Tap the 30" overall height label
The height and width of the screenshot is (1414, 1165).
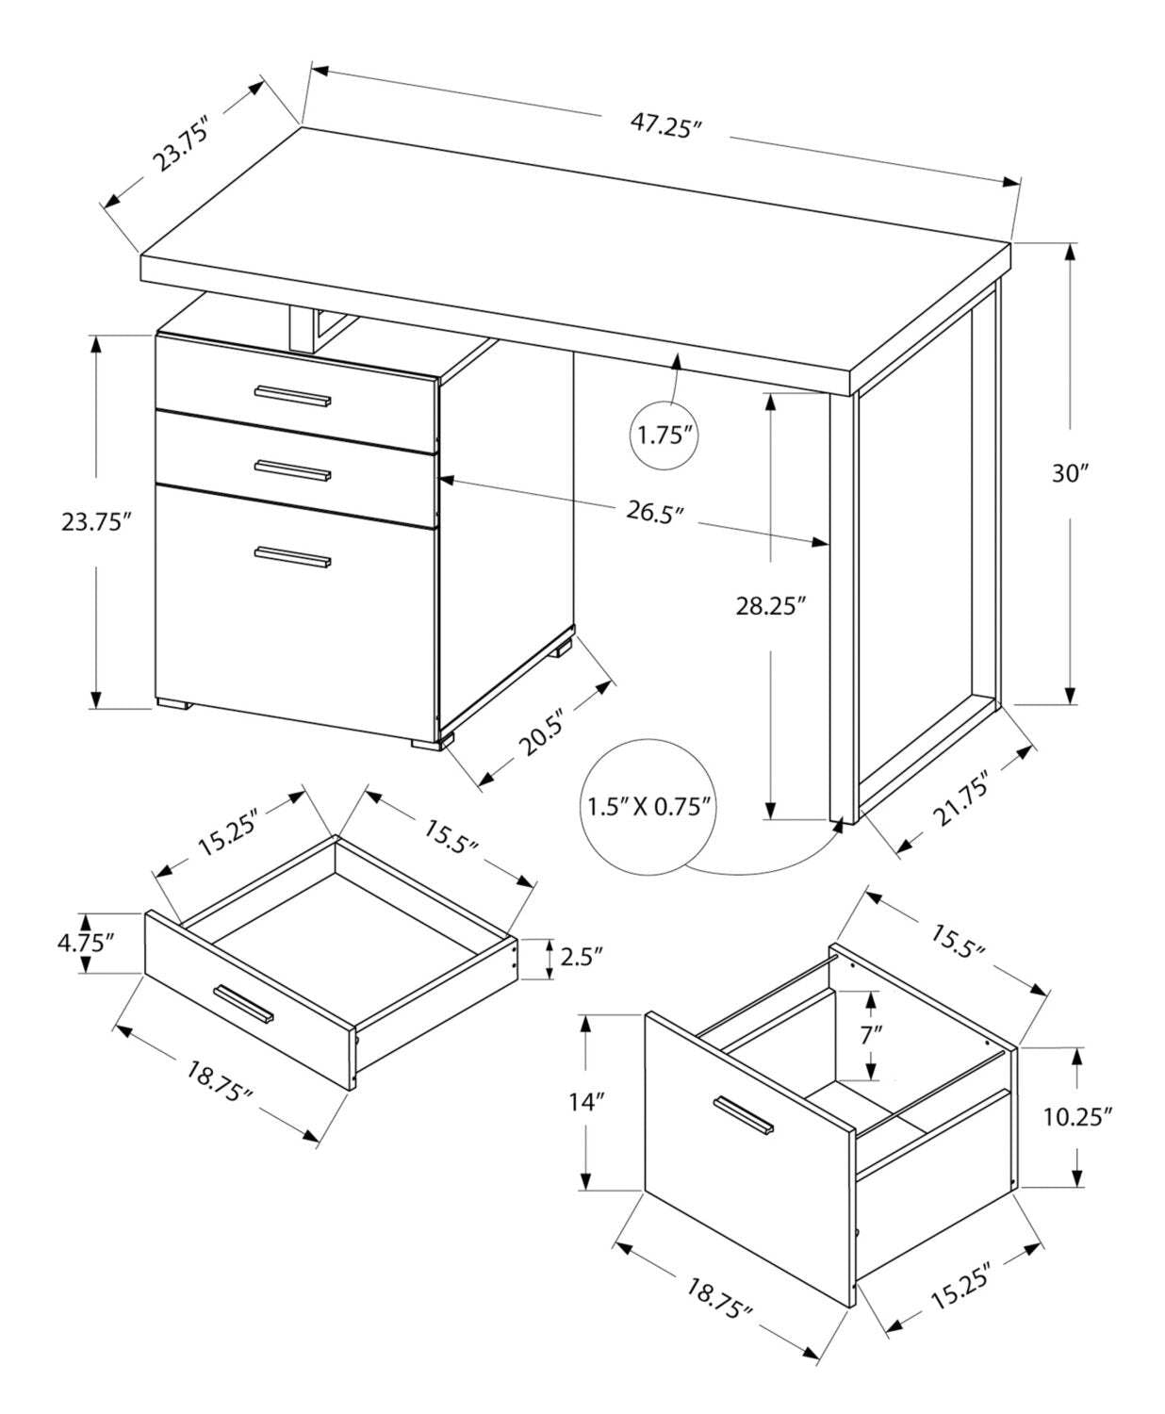(1070, 473)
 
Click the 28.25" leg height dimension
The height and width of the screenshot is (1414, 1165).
(771, 605)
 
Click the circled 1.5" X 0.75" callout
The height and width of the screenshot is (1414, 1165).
(648, 807)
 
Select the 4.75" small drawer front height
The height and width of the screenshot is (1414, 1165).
(87, 942)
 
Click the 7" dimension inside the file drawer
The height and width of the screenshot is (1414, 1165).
(871, 1033)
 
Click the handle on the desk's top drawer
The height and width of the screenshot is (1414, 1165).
(292, 396)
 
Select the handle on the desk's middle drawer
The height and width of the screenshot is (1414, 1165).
(292, 470)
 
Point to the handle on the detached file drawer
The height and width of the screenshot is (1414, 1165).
(743, 1114)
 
